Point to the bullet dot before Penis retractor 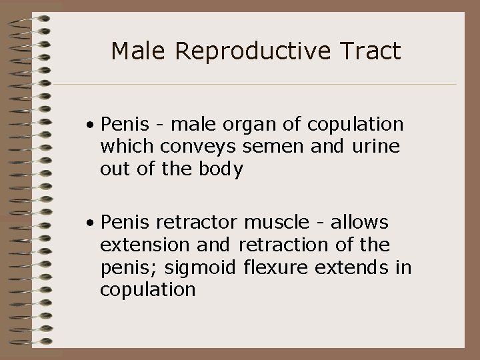(89, 222)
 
